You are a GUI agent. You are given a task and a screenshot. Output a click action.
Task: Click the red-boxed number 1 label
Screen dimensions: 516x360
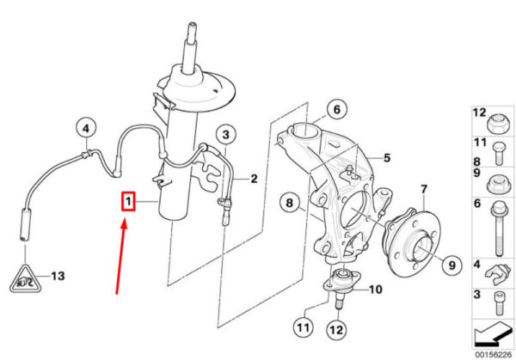click(128, 201)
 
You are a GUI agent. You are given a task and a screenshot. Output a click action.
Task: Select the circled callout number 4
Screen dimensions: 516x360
click(85, 129)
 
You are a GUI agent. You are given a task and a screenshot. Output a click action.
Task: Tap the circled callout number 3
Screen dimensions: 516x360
click(226, 135)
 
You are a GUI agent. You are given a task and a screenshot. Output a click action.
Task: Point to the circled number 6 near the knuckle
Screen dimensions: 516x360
click(337, 109)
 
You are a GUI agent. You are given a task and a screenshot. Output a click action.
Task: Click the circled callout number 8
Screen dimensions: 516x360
click(289, 203)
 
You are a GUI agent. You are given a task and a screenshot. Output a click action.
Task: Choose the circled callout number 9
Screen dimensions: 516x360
click(451, 265)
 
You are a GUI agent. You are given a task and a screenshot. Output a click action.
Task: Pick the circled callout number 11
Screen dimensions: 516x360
click(303, 327)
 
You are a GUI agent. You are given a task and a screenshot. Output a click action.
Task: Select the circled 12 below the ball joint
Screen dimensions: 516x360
click(336, 330)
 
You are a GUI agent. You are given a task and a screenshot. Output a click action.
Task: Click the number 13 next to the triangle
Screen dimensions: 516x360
click(58, 276)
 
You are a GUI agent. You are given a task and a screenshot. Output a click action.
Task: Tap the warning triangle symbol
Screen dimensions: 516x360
click(25, 279)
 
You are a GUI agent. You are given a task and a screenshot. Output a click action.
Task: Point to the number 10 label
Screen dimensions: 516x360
click(375, 290)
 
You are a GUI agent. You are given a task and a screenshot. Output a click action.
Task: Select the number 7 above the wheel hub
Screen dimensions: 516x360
click(424, 189)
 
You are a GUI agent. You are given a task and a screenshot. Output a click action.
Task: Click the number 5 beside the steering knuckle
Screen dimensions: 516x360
click(387, 158)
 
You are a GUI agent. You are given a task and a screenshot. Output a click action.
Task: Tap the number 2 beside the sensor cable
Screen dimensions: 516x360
click(254, 179)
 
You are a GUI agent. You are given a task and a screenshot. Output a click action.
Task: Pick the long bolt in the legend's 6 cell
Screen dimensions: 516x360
click(499, 229)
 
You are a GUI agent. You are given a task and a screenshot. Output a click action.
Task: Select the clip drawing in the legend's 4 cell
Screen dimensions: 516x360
click(497, 272)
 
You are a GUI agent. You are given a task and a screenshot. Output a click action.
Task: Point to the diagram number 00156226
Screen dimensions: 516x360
click(494, 354)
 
